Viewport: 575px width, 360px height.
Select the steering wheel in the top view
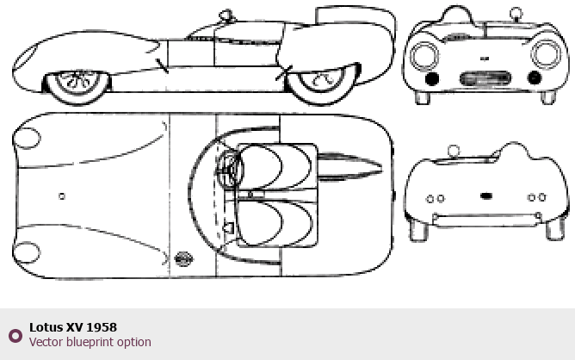229,169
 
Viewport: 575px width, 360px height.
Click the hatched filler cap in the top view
183,258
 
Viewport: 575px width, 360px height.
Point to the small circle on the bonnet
62,196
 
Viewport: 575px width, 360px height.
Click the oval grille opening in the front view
485,78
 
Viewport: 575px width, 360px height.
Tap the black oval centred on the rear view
486,196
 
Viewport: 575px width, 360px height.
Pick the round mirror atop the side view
226,16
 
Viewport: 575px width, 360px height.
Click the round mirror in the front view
516,14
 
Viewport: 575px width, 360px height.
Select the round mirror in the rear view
454,151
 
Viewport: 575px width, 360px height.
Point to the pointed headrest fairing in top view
349,168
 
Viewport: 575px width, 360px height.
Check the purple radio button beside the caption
15,336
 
